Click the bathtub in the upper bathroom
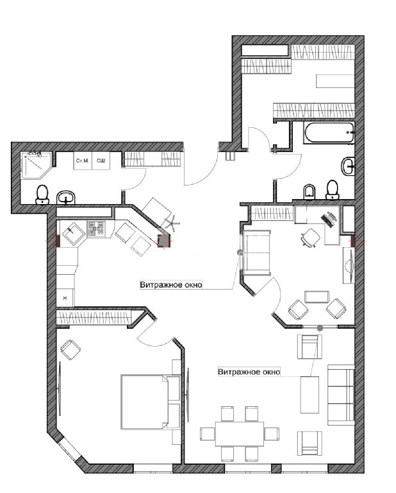pyautogui.click(x=329, y=133)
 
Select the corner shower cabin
pyautogui.click(x=35, y=165)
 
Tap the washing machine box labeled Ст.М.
pyautogui.click(x=83, y=160)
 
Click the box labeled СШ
pyautogui.click(x=101, y=160)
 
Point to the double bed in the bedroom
pyautogui.click(x=151, y=401)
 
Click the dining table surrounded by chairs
pyautogui.click(x=240, y=433)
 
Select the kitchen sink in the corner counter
pyautogui.click(x=74, y=234)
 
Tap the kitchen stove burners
pyautogui.click(x=96, y=229)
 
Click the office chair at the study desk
pyautogui.click(x=310, y=238)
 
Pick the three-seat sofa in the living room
pyautogui.click(x=341, y=395)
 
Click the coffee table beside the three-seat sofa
pyautogui.click(x=309, y=395)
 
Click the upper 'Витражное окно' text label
pyautogui.click(x=171, y=285)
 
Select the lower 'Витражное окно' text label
pyautogui.click(x=249, y=372)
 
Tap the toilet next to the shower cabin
pyautogui.click(x=42, y=195)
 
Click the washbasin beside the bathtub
pyautogui.click(x=349, y=166)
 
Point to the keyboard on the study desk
pyautogui.click(x=328, y=219)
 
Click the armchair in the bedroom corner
pyautogui.click(x=70, y=349)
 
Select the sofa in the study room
pyautogui.click(x=257, y=253)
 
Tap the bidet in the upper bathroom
pyautogui.click(x=309, y=191)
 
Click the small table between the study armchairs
pyautogui.click(x=317, y=297)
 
